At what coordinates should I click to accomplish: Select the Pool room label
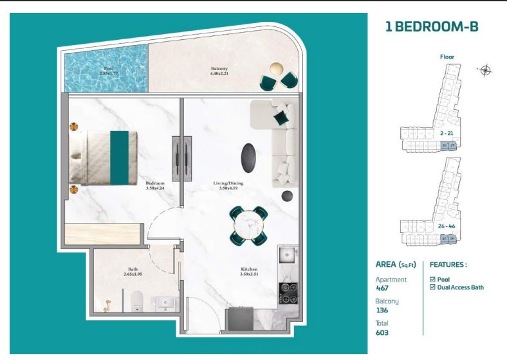point(107,71)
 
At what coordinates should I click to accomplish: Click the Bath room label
point(133,271)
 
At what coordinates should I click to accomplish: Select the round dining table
point(249,225)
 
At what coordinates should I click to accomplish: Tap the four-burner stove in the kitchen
point(287,292)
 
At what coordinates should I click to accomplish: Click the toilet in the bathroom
point(136,301)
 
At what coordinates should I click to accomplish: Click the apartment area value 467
point(382,289)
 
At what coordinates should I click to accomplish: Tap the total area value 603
point(382,332)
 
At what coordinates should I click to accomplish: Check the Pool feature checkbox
point(432,280)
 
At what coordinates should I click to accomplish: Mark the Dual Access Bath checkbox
point(432,287)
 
